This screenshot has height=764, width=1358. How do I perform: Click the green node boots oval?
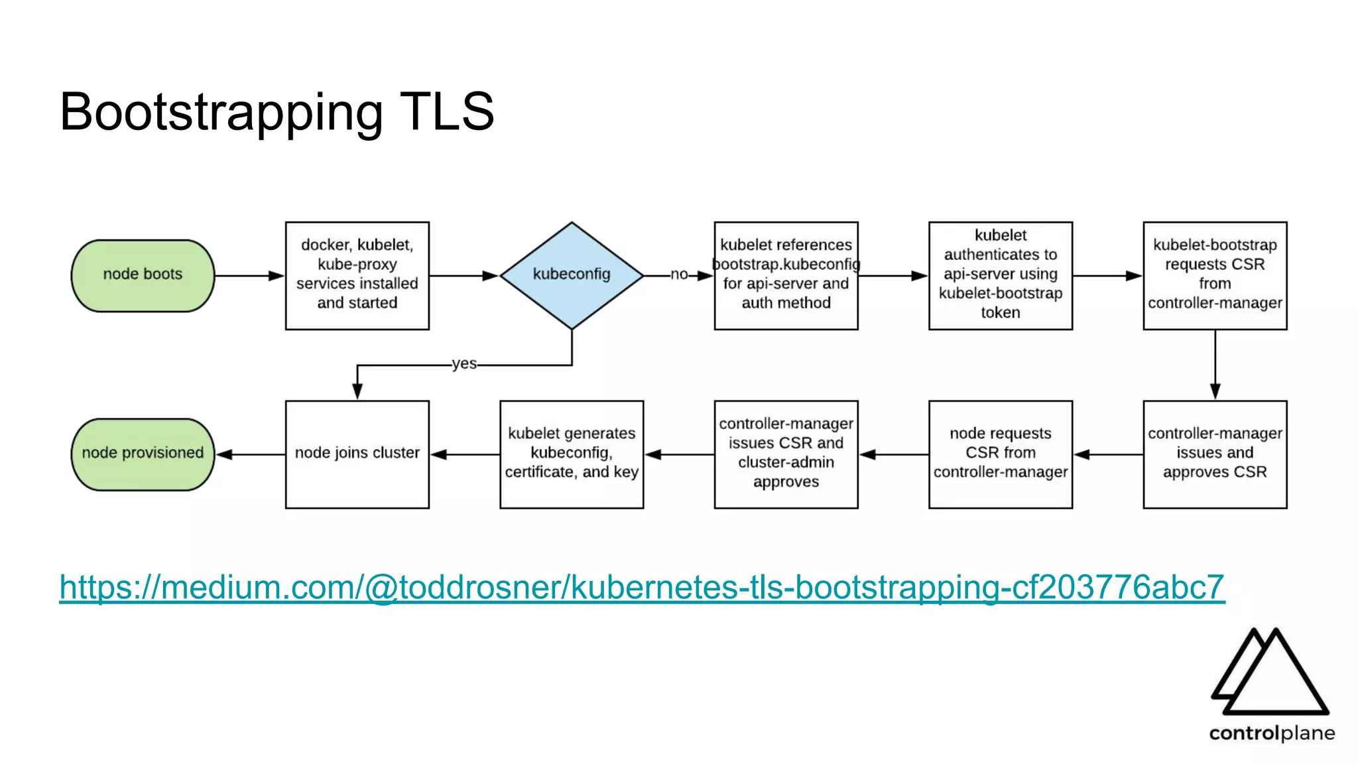(143, 275)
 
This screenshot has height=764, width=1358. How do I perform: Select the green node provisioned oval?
(143, 454)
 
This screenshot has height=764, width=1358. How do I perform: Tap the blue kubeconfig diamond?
(572, 275)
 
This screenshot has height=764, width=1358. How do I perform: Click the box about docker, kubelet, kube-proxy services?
(357, 275)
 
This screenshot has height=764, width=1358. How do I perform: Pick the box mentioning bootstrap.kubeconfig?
(786, 275)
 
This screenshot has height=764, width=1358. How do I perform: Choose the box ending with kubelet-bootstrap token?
(1000, 275)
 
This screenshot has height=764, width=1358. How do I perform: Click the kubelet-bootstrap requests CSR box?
(1215, 275)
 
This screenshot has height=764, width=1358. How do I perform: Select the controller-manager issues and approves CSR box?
(1215, 454)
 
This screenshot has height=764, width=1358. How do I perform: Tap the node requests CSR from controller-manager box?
(1000, 454)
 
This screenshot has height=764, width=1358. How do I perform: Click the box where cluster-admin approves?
(786, 454)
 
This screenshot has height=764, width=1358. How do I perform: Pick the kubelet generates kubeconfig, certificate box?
(572, 454)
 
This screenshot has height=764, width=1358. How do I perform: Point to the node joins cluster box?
(357, 454)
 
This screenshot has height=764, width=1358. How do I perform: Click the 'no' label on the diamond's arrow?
(679, 275)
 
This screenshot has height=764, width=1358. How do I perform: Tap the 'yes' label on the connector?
(464, 364)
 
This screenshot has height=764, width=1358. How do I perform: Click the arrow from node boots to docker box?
(249, 275)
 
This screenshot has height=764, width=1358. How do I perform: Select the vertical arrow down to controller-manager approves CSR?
(1215, 365)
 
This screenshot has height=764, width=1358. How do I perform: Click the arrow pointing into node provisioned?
(251, 454)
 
